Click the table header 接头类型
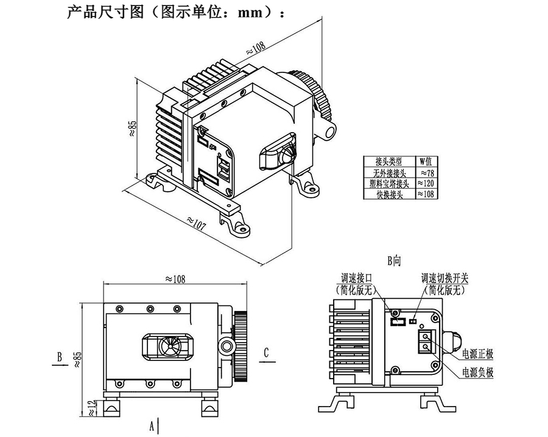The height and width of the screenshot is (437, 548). click(x=388, y=162)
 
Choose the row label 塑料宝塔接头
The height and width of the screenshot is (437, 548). click(x=388, y=183)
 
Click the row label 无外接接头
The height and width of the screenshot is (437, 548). click(x=388, y=172)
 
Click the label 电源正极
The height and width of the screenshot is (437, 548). click(x=477, y=354)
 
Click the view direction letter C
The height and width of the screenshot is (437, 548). click(x=266, y=352)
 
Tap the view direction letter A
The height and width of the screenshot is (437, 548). click(x=152, y=426)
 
